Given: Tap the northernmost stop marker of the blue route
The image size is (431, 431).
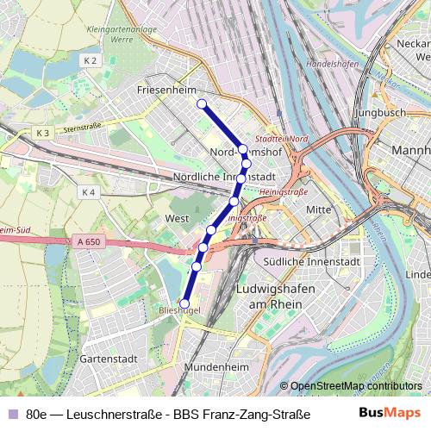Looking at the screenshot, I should click(202, 104).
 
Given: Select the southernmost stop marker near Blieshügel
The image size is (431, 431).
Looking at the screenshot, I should click(184, 303).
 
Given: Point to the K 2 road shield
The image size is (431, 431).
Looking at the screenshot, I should click(92, 60).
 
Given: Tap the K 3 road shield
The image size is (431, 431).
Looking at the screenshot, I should click(43, 132).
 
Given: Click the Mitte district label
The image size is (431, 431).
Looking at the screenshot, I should click(319, 209).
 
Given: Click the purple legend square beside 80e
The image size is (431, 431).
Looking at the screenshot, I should click(12, 414).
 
